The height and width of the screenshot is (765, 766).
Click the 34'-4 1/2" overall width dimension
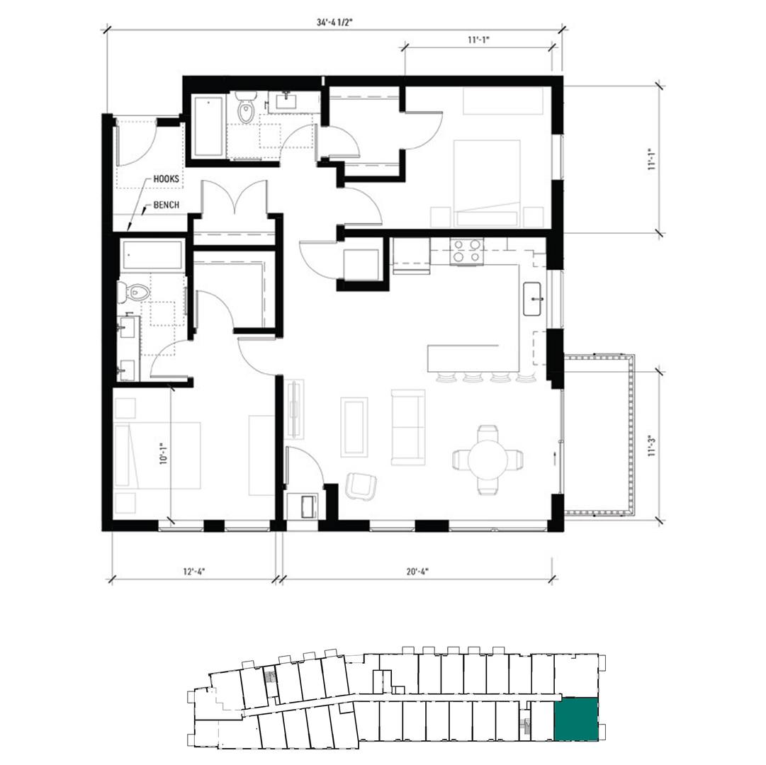334,23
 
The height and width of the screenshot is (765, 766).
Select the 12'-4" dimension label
194,571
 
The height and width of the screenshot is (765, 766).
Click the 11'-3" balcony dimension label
651,446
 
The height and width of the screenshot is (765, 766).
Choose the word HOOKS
166,179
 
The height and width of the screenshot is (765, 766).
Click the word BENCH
166,205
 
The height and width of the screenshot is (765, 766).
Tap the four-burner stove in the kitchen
466,252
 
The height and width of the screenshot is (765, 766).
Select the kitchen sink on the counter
533,299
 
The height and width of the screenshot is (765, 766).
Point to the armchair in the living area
361,486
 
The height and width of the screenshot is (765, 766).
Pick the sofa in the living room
408,427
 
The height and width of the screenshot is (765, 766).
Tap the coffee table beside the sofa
354,427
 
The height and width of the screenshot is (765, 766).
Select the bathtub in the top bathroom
210,127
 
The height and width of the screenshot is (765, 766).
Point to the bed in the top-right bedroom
487,183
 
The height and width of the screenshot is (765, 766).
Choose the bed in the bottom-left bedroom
157,455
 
